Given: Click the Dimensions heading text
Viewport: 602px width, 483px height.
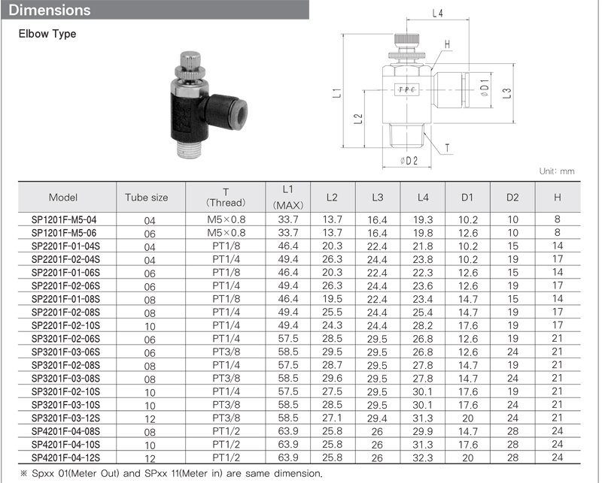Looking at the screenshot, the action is (x=50, y=10).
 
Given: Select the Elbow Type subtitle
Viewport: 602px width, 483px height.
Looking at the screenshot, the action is (x=47, y=34).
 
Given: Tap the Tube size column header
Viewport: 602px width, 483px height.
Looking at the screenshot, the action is (x=146, y=198).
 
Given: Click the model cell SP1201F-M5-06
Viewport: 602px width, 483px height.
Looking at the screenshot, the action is (x=64, y=233).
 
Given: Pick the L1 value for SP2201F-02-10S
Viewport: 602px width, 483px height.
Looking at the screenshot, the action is (x=288, y=325).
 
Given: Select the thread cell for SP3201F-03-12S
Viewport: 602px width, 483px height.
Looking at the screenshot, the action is (x=227, y=418).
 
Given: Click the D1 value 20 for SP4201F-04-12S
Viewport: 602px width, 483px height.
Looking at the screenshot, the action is (x=467, y=457).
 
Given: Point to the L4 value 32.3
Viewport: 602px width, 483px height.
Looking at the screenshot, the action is (x=423, y=457).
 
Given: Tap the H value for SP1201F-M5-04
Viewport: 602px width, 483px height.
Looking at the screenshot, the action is (x=557, y=219).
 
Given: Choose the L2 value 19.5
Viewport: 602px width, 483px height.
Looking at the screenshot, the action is (x=332, y=299).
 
